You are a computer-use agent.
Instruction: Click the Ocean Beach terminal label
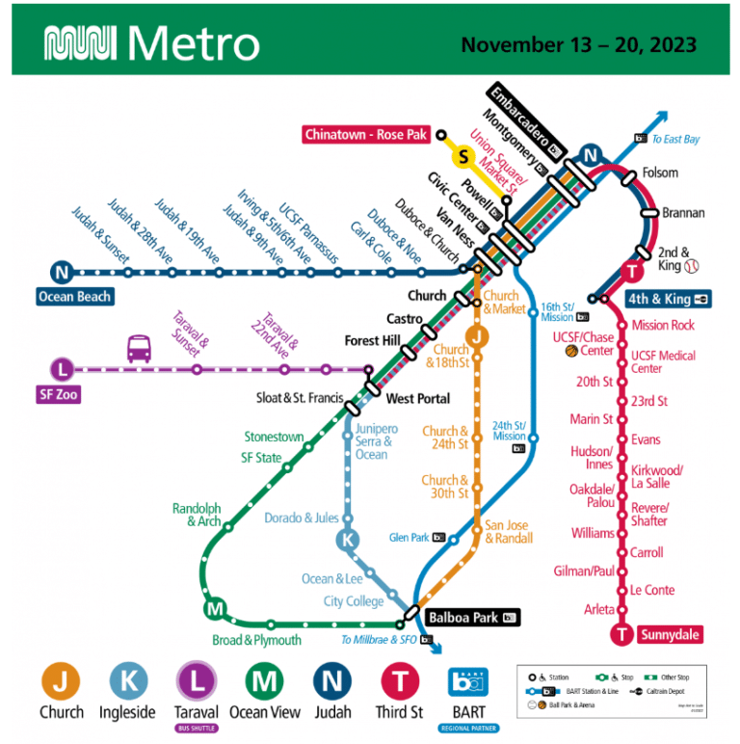point(75,297)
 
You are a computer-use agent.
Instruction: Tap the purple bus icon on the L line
point(139,348)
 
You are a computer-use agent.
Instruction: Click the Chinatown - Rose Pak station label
point(366,135)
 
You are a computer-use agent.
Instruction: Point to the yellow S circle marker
point(464,156)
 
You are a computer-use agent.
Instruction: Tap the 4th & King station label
point(668,299)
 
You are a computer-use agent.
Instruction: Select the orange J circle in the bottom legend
point(61,681)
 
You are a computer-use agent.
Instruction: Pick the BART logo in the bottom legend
point(468,682)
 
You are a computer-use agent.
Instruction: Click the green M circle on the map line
point(215,609)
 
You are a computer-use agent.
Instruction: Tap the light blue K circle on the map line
point(348,541)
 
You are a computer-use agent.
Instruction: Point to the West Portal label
point(417,398)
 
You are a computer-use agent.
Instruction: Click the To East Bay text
point(675,140)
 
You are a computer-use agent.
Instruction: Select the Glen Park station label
point(410,538)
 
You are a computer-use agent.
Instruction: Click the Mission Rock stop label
point(663,326)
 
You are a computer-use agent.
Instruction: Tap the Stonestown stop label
point(275,437)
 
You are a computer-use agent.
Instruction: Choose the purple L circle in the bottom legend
point(197,681)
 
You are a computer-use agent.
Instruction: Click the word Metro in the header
point(193,44)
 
